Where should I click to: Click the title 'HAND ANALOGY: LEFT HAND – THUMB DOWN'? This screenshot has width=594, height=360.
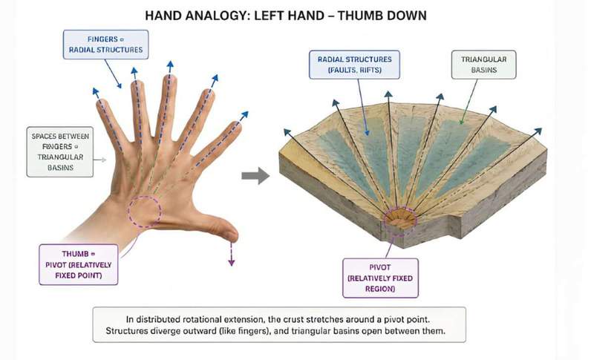(286, 16)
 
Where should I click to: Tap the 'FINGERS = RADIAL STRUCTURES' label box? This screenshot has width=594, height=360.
(105, 45)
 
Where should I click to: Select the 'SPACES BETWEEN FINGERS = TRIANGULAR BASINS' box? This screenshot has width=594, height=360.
(60, 152)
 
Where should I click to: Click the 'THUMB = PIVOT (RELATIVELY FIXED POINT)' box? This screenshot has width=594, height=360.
(79, 264)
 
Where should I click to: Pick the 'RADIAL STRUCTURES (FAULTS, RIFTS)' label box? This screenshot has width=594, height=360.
(355, 65)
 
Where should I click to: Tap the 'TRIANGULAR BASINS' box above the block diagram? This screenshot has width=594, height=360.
(484, 65)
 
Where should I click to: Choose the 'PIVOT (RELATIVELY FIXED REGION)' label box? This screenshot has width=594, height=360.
(380, 278)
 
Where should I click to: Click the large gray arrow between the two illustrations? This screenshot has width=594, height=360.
(255, 175)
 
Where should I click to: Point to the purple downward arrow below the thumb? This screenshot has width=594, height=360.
(231, 254)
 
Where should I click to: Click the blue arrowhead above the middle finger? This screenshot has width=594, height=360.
(170, 65)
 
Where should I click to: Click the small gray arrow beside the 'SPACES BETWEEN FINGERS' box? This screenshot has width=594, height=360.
(100, 160)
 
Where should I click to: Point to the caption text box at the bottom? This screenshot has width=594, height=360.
(279, 325)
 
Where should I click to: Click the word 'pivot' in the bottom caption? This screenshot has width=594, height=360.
(392, 319)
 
